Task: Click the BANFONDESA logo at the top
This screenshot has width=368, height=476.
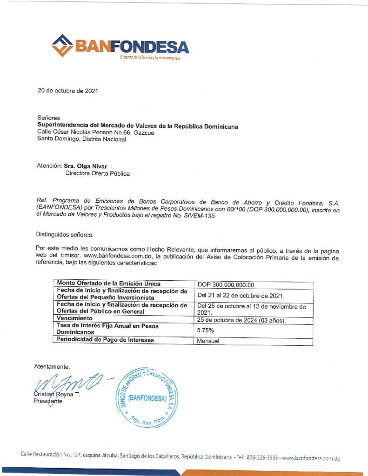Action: tap(120, 46)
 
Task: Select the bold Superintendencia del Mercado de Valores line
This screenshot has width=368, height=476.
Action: tap(137, 126)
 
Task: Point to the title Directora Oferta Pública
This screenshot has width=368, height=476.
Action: tap(97, 173)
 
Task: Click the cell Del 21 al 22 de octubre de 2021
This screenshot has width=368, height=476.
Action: tap(241, 295)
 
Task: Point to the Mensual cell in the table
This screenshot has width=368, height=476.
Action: tap(208, 340)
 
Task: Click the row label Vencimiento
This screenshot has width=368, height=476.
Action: tap(75, 318)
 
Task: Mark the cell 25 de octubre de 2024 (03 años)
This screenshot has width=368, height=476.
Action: tap(241, 320)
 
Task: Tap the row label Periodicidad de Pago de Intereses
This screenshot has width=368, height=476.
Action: tap(105, 340)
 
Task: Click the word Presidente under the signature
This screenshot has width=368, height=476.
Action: tap(48, 402)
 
